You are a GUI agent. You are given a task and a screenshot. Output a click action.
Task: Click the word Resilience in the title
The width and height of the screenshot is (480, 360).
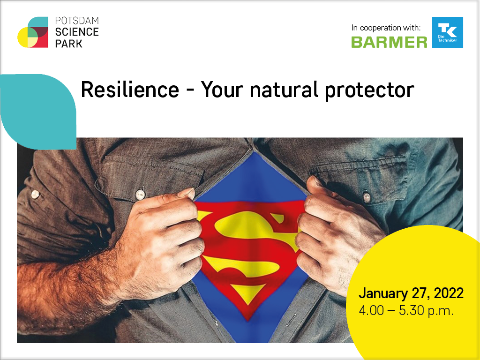(130, 90)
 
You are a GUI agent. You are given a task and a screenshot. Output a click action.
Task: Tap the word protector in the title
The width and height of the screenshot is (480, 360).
(369, 91)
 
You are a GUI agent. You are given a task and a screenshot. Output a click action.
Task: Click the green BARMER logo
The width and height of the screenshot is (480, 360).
(389, 42)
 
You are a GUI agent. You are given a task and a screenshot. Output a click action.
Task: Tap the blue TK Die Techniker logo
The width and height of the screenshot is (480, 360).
(448, 32)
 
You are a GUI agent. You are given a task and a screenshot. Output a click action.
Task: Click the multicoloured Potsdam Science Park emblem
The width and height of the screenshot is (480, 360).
(33, 32)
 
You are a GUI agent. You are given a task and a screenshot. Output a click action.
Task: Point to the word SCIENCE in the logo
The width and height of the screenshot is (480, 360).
(77, 32)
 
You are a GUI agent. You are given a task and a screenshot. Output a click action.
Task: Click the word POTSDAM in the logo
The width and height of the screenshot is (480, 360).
(77, 21)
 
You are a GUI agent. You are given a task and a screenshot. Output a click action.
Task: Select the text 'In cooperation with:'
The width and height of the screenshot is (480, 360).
(386, 28)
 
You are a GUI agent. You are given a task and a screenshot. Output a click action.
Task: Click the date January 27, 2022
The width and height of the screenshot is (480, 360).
(411, 293)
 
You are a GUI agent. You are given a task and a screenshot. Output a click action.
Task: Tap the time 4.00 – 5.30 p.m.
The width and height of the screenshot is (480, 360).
(406, 311)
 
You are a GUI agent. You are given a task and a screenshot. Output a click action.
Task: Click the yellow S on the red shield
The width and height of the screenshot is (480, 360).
(249, 245)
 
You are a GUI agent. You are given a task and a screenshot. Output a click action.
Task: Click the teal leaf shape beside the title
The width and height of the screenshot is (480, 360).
(38, 112)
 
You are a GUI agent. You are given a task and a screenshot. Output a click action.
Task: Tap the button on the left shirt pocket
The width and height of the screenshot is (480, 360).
(140, 194)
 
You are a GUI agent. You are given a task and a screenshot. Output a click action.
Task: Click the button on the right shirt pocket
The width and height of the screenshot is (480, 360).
(366, 197)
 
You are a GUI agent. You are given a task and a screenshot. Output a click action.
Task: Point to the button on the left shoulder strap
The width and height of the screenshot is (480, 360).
(35, 194)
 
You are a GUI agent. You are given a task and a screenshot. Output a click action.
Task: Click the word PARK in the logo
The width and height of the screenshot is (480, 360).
(68, 44)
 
